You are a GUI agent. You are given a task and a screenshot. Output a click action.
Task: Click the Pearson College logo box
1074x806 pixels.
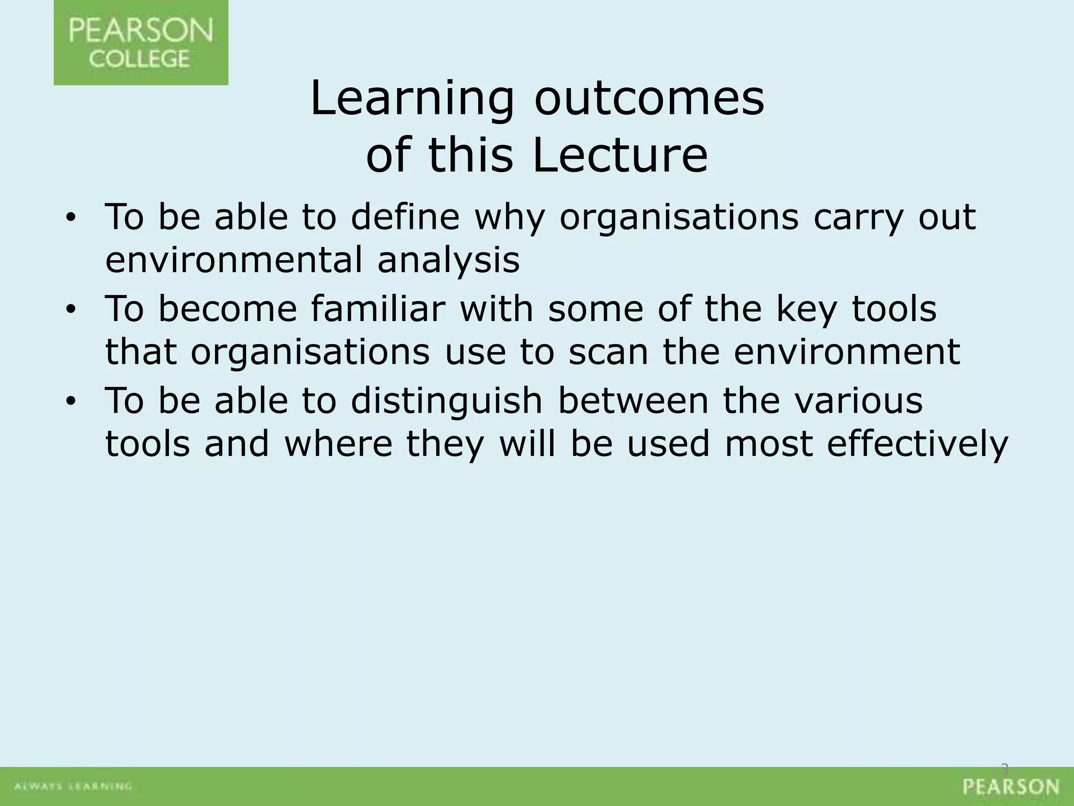141,43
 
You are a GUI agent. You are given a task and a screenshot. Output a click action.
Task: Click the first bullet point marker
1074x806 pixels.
71,217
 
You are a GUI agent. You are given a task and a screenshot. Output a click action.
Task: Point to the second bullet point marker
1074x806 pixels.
71,310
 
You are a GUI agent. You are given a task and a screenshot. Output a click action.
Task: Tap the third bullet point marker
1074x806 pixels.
71,401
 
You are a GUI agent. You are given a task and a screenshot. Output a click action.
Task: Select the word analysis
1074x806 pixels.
448,260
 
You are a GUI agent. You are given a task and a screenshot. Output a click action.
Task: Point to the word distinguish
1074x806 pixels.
446,401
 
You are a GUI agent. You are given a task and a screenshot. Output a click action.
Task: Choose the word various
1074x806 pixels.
858,400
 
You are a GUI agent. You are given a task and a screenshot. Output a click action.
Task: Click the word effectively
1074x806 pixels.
917,444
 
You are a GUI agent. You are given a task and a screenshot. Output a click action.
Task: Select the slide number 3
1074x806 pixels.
1005,769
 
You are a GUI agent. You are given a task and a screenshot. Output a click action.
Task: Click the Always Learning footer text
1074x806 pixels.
73,786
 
